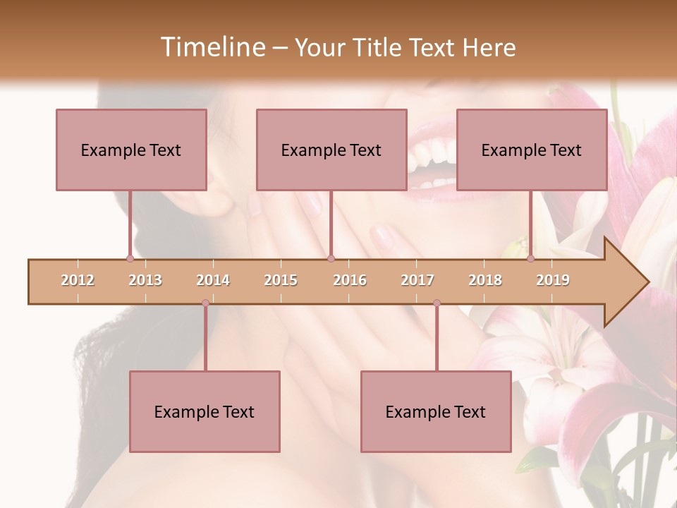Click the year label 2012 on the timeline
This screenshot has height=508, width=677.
pyautogui.click(x=78, y=280)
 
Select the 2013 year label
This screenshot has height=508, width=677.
pyautogui.click(x=145, y=280)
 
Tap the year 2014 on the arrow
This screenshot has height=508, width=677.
pyautogui.click(x=213, y=280)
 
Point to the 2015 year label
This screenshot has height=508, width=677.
pyautogui.click(x=281, y=280)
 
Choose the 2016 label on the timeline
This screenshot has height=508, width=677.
pyautogui.click(x=350, y=280)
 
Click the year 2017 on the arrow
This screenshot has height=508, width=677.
pyautogui.click(x=417, y=280)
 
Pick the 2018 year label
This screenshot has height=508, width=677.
pyautogui.click(x=485, y=280)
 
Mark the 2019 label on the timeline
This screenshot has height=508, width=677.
pyautogui.click(x=553, y=280)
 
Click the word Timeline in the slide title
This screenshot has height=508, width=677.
pyautogui.click(x=212, y=47)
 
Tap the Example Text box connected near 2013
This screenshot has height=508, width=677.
pyautogui.click(x=131, y=150)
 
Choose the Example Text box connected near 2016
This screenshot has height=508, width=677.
pyautogui.click(x=331, y=150)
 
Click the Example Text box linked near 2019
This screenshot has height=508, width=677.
pyautogui.click(x=532, y=150)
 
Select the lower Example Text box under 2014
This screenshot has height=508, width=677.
pyautogui.click(x=205, y=411)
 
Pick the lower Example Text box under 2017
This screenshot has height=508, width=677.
pyautogui.click(x=436, y=411)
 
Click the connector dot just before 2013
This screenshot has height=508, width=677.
pyautogui.click(x=130, y=259)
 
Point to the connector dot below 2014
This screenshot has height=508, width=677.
pyautogui.click(x=205, y=303)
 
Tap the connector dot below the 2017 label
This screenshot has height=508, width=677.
pyautogui.click(x=437, y=303)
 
